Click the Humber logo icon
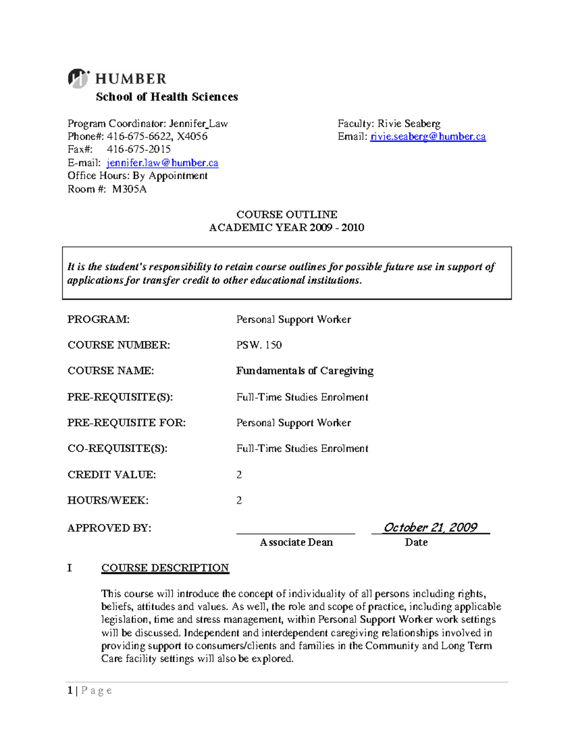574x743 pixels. point(78,78)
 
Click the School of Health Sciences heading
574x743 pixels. point(166,97)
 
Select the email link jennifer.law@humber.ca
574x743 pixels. point(162,163)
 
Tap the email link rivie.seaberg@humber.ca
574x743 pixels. point(428,137)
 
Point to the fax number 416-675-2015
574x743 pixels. point(139,150)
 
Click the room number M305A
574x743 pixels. point(129,189)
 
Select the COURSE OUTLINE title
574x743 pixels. point(287,215)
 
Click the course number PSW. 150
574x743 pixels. point(259,345)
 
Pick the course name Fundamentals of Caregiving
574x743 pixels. point(305,371)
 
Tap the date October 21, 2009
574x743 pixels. point(430,527)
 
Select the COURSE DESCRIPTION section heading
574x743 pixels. point(165,568)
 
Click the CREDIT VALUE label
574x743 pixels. point(111,475)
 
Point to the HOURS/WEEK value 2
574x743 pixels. point(239,500)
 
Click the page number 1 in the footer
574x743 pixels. point(70,690)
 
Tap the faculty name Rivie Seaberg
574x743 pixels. point(409,124)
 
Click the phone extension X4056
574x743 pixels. point(192,137)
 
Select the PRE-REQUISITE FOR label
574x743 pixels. point(126,423)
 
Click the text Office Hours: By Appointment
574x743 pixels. point(137,176)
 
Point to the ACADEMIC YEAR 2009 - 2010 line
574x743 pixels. point(287,228)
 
